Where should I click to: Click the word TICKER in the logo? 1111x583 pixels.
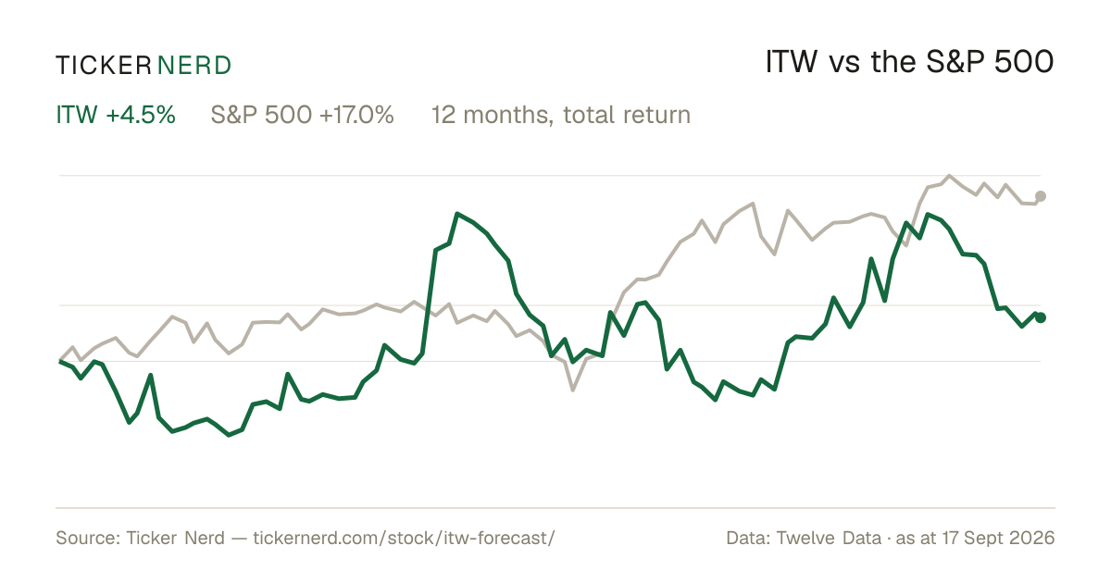coord(104,66)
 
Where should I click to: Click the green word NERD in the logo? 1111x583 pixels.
coord(193,66)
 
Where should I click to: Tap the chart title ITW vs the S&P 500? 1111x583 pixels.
coord(909,62)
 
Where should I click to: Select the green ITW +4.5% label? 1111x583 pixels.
coord(116,115)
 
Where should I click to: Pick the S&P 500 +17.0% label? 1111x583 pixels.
coord(302,115)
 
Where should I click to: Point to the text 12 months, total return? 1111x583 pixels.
coord(561,115)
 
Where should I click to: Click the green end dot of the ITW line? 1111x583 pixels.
coord(1041,317)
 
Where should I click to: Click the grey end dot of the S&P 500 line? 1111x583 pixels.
coord(1041,196)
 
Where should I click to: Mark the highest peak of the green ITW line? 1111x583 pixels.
coord(457,214)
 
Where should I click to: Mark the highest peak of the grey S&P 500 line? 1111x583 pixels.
coord(949,176)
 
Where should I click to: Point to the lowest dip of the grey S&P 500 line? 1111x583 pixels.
coord(573,391)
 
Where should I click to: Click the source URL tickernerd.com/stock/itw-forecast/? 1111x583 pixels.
coord(404,538)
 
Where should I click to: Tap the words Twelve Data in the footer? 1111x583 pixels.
coord(829,538)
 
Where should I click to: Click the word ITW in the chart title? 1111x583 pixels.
coord(791,62)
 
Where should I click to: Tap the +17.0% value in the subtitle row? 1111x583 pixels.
coord(356,115)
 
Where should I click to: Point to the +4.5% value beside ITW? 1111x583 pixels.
coord(141,115)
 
